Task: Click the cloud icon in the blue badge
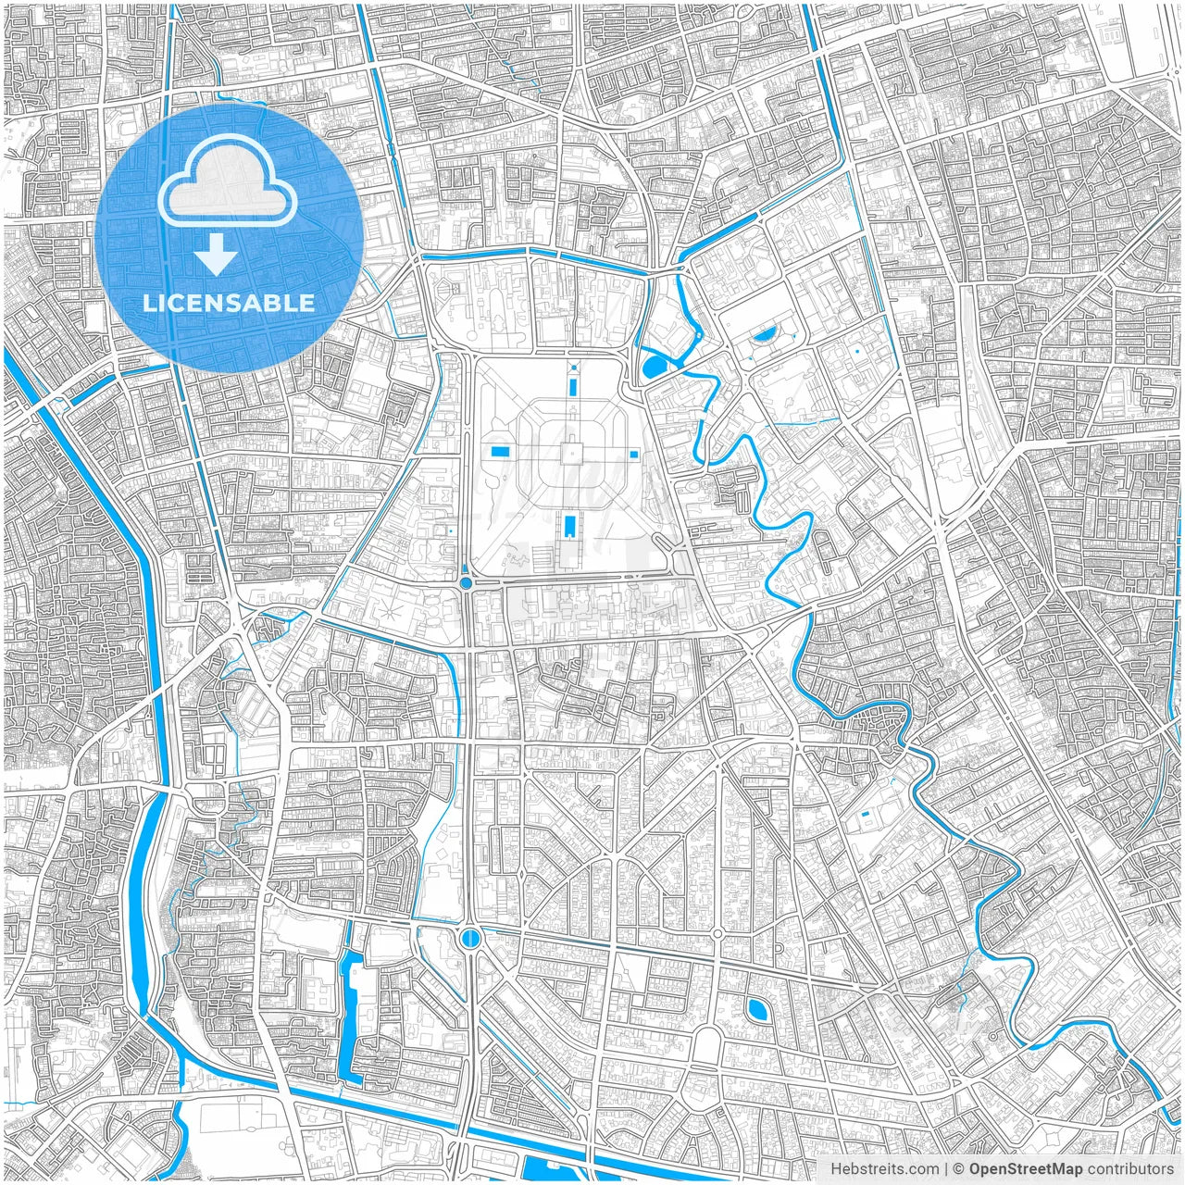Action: (227, 184)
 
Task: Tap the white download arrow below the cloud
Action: (217, 254)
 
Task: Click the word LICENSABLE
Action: (228, 303)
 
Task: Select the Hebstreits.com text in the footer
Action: (884, 1168)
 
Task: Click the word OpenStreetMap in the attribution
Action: (1025, 1168)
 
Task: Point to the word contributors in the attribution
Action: (1129, 1168)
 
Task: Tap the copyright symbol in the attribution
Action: (958, 1168)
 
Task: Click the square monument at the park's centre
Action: (572, 453)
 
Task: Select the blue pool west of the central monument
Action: (501, 451)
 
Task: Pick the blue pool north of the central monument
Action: (573, 382)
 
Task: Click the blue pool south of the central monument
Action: (568, 526)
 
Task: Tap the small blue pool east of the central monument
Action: (634, 454)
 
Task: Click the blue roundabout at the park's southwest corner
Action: (465, 583)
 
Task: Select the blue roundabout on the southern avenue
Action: (470, 939)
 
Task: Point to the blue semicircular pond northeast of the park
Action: (765, 335)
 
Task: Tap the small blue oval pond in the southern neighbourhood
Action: (757, 1008)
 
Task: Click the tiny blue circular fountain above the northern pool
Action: (574, 368)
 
